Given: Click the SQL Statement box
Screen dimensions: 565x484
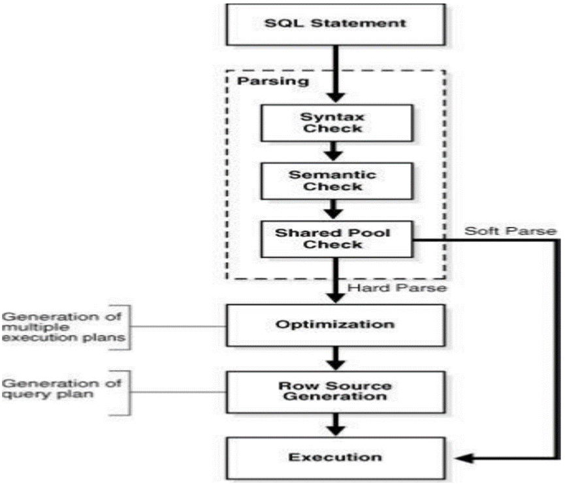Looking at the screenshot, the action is coord(336,25).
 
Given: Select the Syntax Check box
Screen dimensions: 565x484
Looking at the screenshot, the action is coord(336,123).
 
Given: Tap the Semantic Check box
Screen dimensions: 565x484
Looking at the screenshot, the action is coord(336,181).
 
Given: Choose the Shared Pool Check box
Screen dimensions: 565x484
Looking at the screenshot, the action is coord(336,239).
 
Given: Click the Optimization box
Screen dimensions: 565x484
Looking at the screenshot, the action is coord(336,326).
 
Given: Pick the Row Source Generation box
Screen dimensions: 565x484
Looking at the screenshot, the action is coord(336,392).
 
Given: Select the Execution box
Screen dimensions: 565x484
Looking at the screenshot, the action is coord(336,458).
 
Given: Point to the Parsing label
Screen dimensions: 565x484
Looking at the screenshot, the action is coord(273,81).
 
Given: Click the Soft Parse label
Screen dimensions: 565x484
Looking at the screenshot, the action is coord(510,231).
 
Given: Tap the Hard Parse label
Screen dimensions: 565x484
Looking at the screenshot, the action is coord(396,288).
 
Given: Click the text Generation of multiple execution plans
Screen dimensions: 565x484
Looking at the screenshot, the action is coord(63,327).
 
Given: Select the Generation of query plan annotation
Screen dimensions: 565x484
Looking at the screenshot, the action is coord(61,389).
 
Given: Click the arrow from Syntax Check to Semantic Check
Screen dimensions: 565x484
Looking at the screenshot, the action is coord(334,151).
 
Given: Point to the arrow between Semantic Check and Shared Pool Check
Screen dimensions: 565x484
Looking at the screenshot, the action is coord(334,209).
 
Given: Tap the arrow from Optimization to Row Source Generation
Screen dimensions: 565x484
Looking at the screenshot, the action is coord(336,358).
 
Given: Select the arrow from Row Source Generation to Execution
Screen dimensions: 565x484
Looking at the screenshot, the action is coord(336,425).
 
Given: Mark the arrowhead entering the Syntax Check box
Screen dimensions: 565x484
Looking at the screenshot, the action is coord(336,97).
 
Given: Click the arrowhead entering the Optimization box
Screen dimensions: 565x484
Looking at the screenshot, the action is coord(336,298).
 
